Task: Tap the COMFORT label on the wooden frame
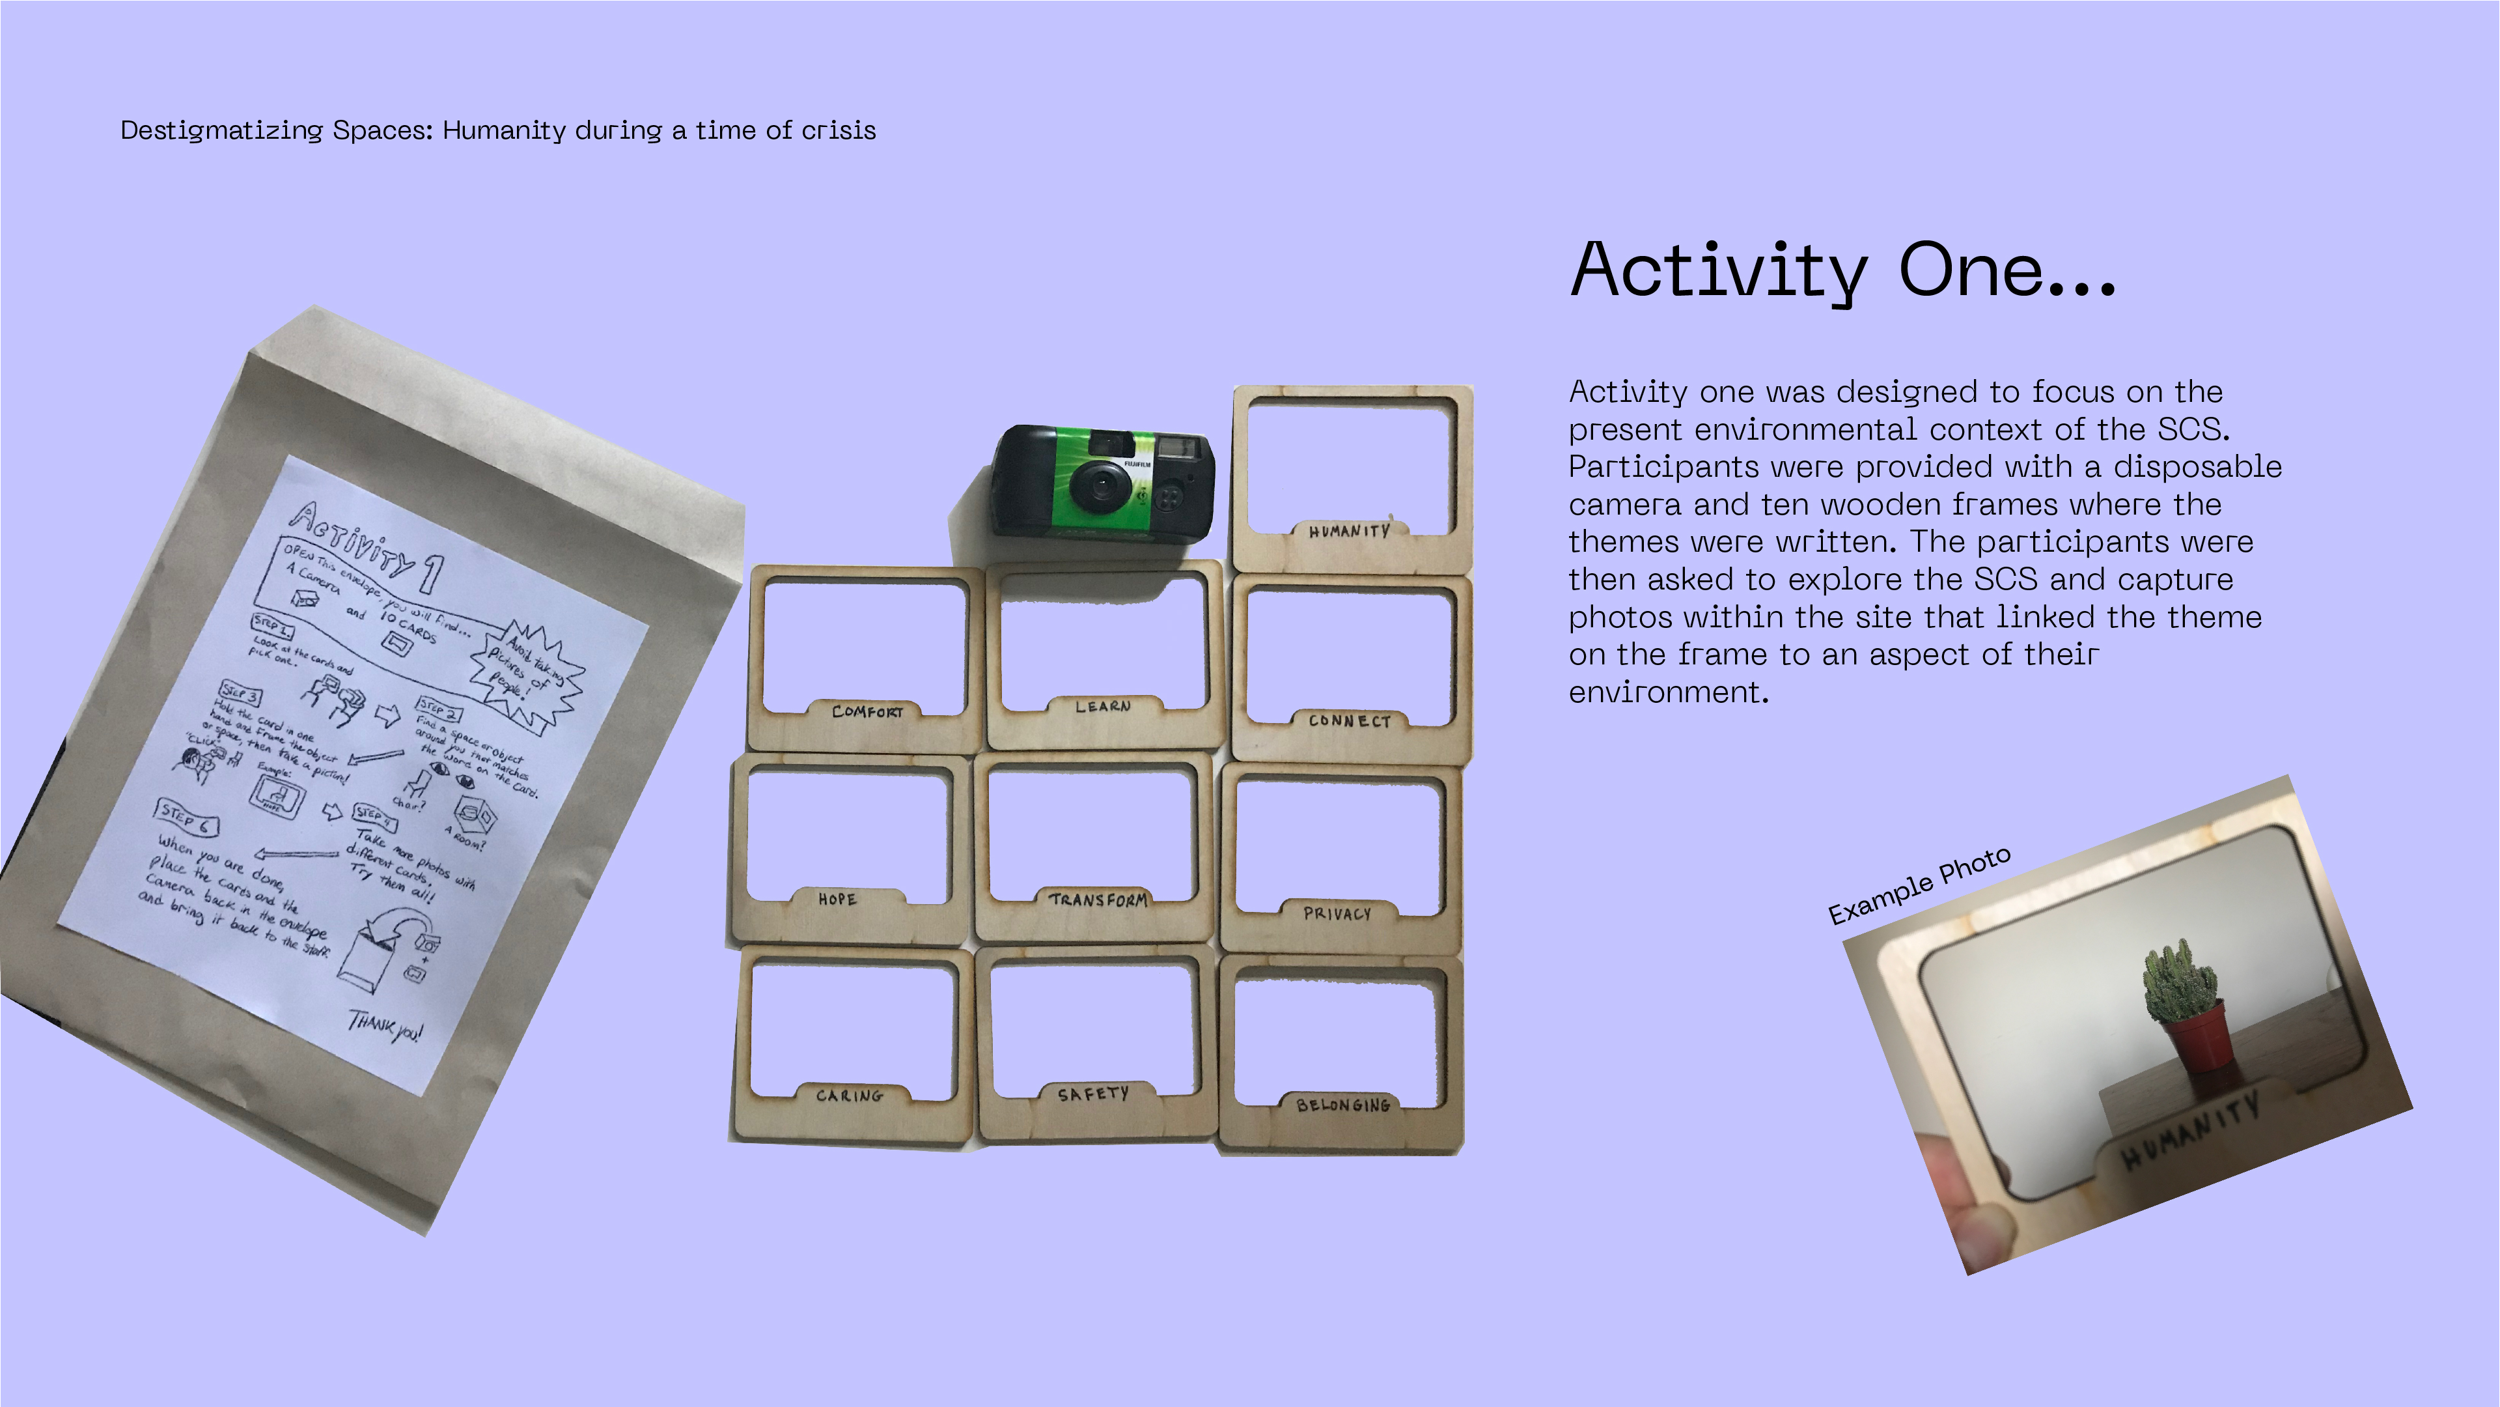(x=867, y=712)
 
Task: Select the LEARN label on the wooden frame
(x=1102, y=707)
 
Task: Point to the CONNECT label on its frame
(x=1349, y=720)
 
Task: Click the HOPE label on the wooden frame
(x=837, y=899)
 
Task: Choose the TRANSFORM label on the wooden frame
(x=1098, y=899)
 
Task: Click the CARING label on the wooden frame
(x=849, y=1095)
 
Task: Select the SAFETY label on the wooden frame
(x=1093, y=1094)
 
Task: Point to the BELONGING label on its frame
(x=1342, y=1105)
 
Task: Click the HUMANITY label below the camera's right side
(x=1349, y=531)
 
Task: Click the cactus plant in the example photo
(x=2179, y=976)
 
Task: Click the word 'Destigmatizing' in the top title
(x=221, y=130)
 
